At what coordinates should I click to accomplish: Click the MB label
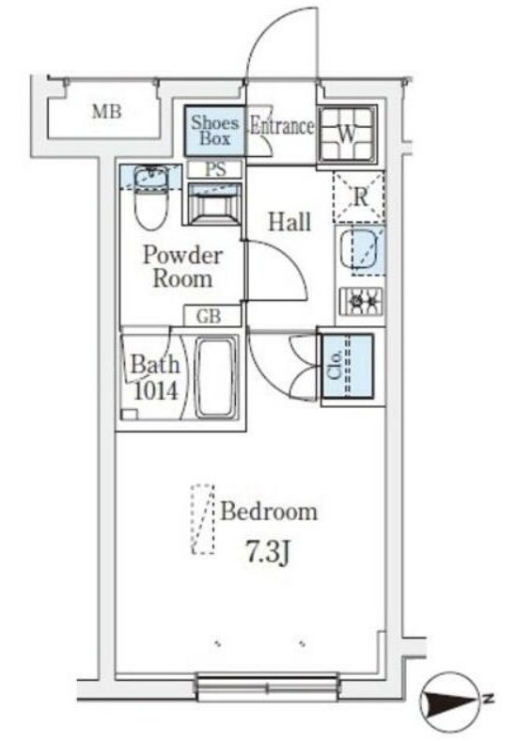click(107, 112)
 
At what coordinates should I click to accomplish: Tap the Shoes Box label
click(215, 131)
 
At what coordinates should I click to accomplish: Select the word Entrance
click(282, 126)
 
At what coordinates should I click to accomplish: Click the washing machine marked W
click(347, 134)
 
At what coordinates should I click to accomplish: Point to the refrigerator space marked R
click(359, 197)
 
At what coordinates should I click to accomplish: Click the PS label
click(215, 169)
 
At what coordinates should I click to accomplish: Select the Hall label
click(289, 222)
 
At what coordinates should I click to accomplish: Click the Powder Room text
click(182, 267)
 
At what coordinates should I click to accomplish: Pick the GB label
click(209, 317)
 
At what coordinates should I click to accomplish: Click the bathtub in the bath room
click(215, 378)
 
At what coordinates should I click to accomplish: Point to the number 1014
click(155, 391)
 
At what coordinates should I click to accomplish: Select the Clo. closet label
click(335, 365)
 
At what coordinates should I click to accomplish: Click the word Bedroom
click(269, 512)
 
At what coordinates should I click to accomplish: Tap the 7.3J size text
click(268, 552)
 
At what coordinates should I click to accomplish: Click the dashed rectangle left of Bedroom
click(203, 519)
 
